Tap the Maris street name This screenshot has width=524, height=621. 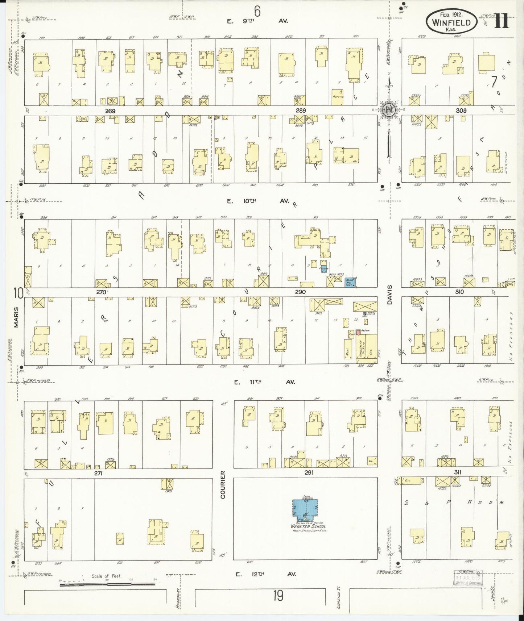pos(16,320)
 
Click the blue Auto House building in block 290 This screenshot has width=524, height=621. pos(350,282)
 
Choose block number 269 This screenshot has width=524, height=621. pos(110,111)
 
